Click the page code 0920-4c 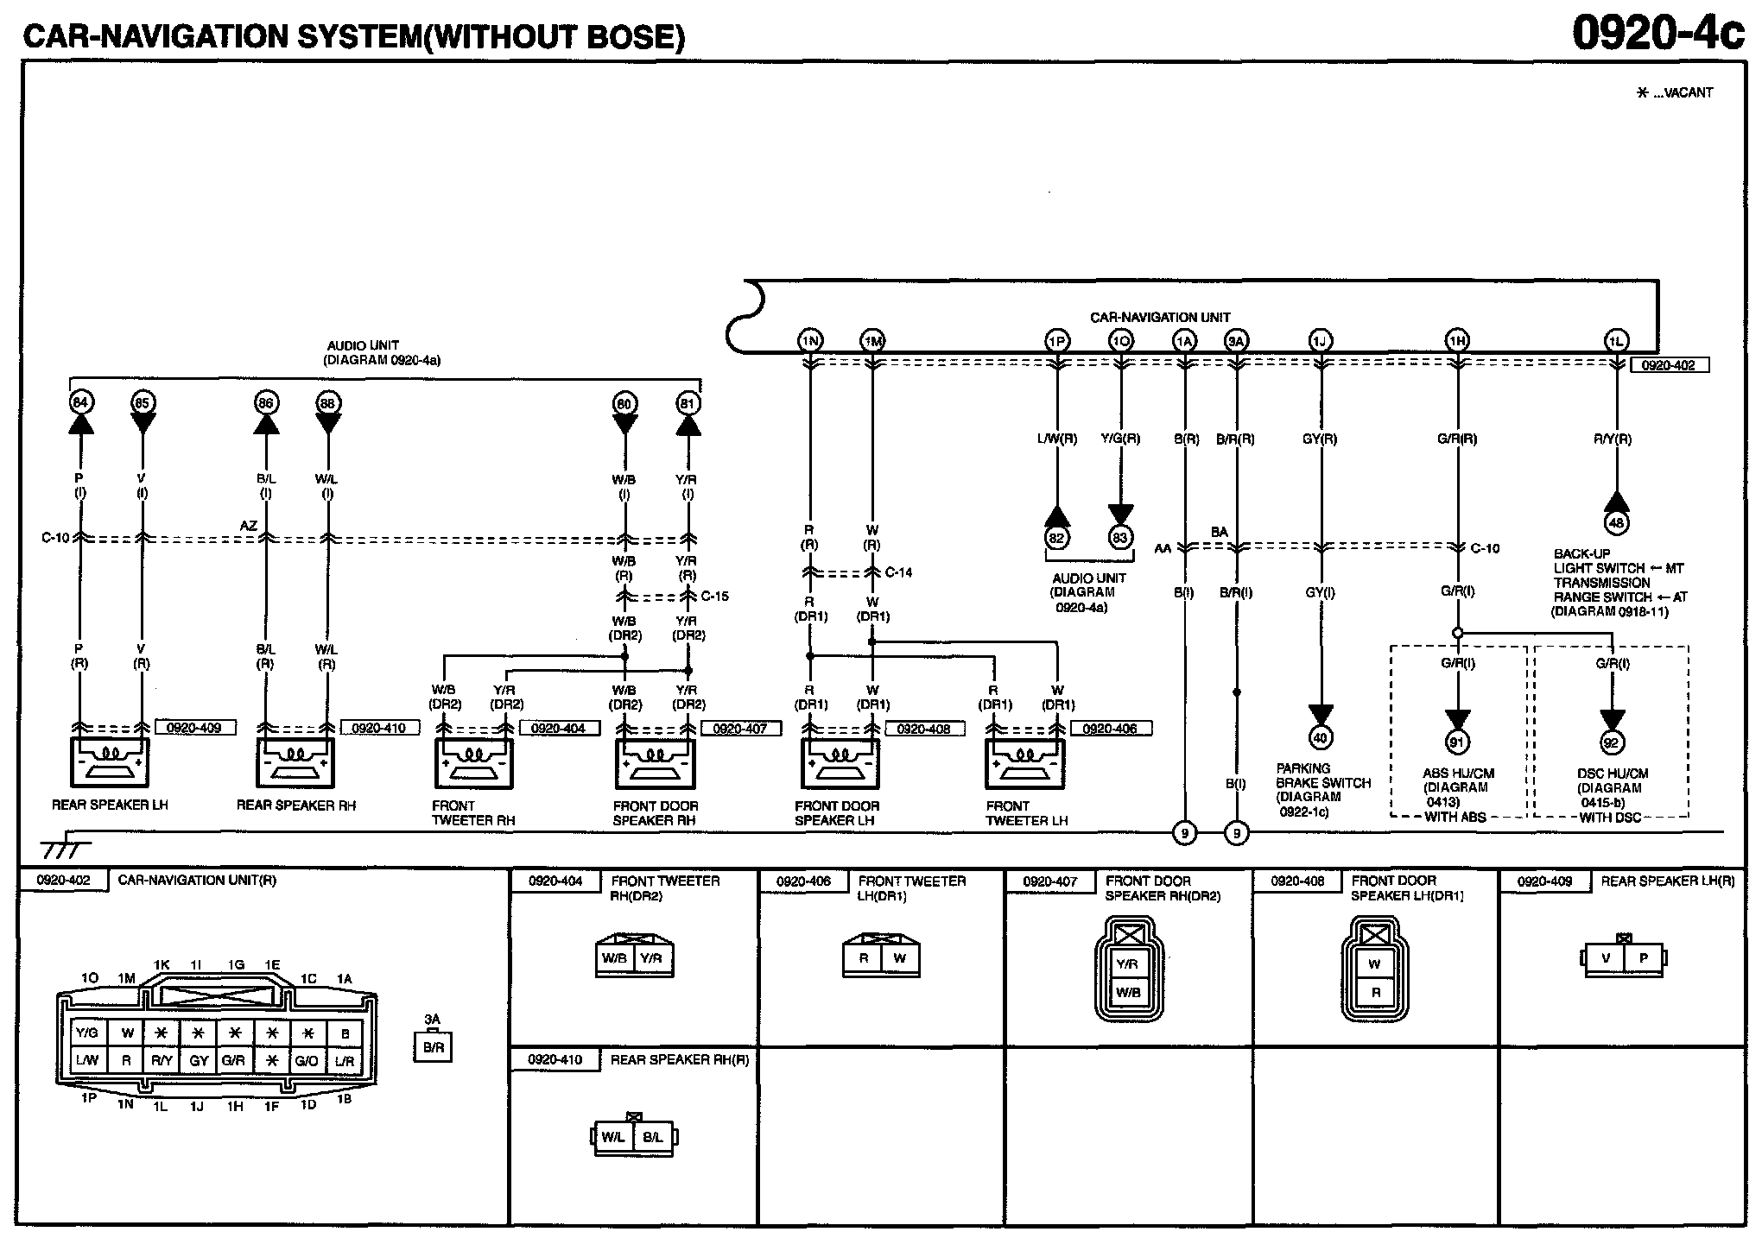pyautogui.click(x=1657, y=33)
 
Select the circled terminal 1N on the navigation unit pyautogui.click(x=809, y=341)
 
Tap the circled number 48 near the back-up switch pyautogui.click(x=1616, y=522)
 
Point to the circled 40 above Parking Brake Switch pyautogui.click(x=1321, y=737)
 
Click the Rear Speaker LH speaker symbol pyautogui.click(x=109, y=762)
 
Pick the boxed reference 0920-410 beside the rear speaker pyautogui.click(x=379, y=728)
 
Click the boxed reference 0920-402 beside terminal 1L pyautogui.click(x=1668, y=365)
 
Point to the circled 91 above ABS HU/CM pyautogui.click(x=1457, y=742)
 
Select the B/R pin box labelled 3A pyautogui.click(x=433, y=1047)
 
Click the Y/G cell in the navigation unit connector pyautogui.click(x=87, y=1033)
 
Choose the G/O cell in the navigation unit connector pyautogui.click(x=307, y=1061)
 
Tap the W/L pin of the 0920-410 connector pyautogui.click(x=613, y=1137)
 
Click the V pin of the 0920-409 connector pyautogui.click(x=1607, y=958)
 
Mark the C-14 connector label pyautogui.click(x=898, y=572)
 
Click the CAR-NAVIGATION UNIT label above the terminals pyautogui.click(x=1160, y=317)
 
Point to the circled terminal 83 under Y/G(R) pyautogui.click(x=1120, y=537)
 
